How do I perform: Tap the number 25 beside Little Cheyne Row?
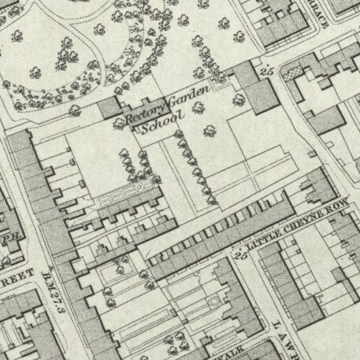(x=238, y=254)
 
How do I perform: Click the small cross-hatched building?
(x=294, y=72)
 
